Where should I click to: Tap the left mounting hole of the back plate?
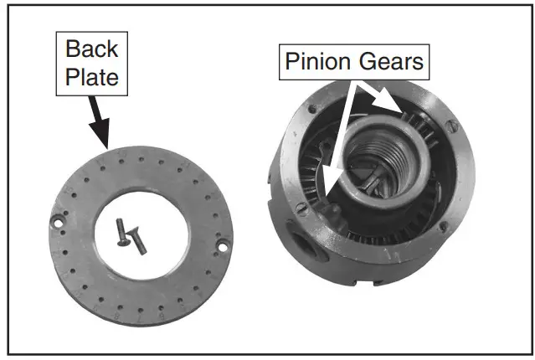(x=59, y=222)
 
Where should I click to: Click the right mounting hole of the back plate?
(x=224, y=244)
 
